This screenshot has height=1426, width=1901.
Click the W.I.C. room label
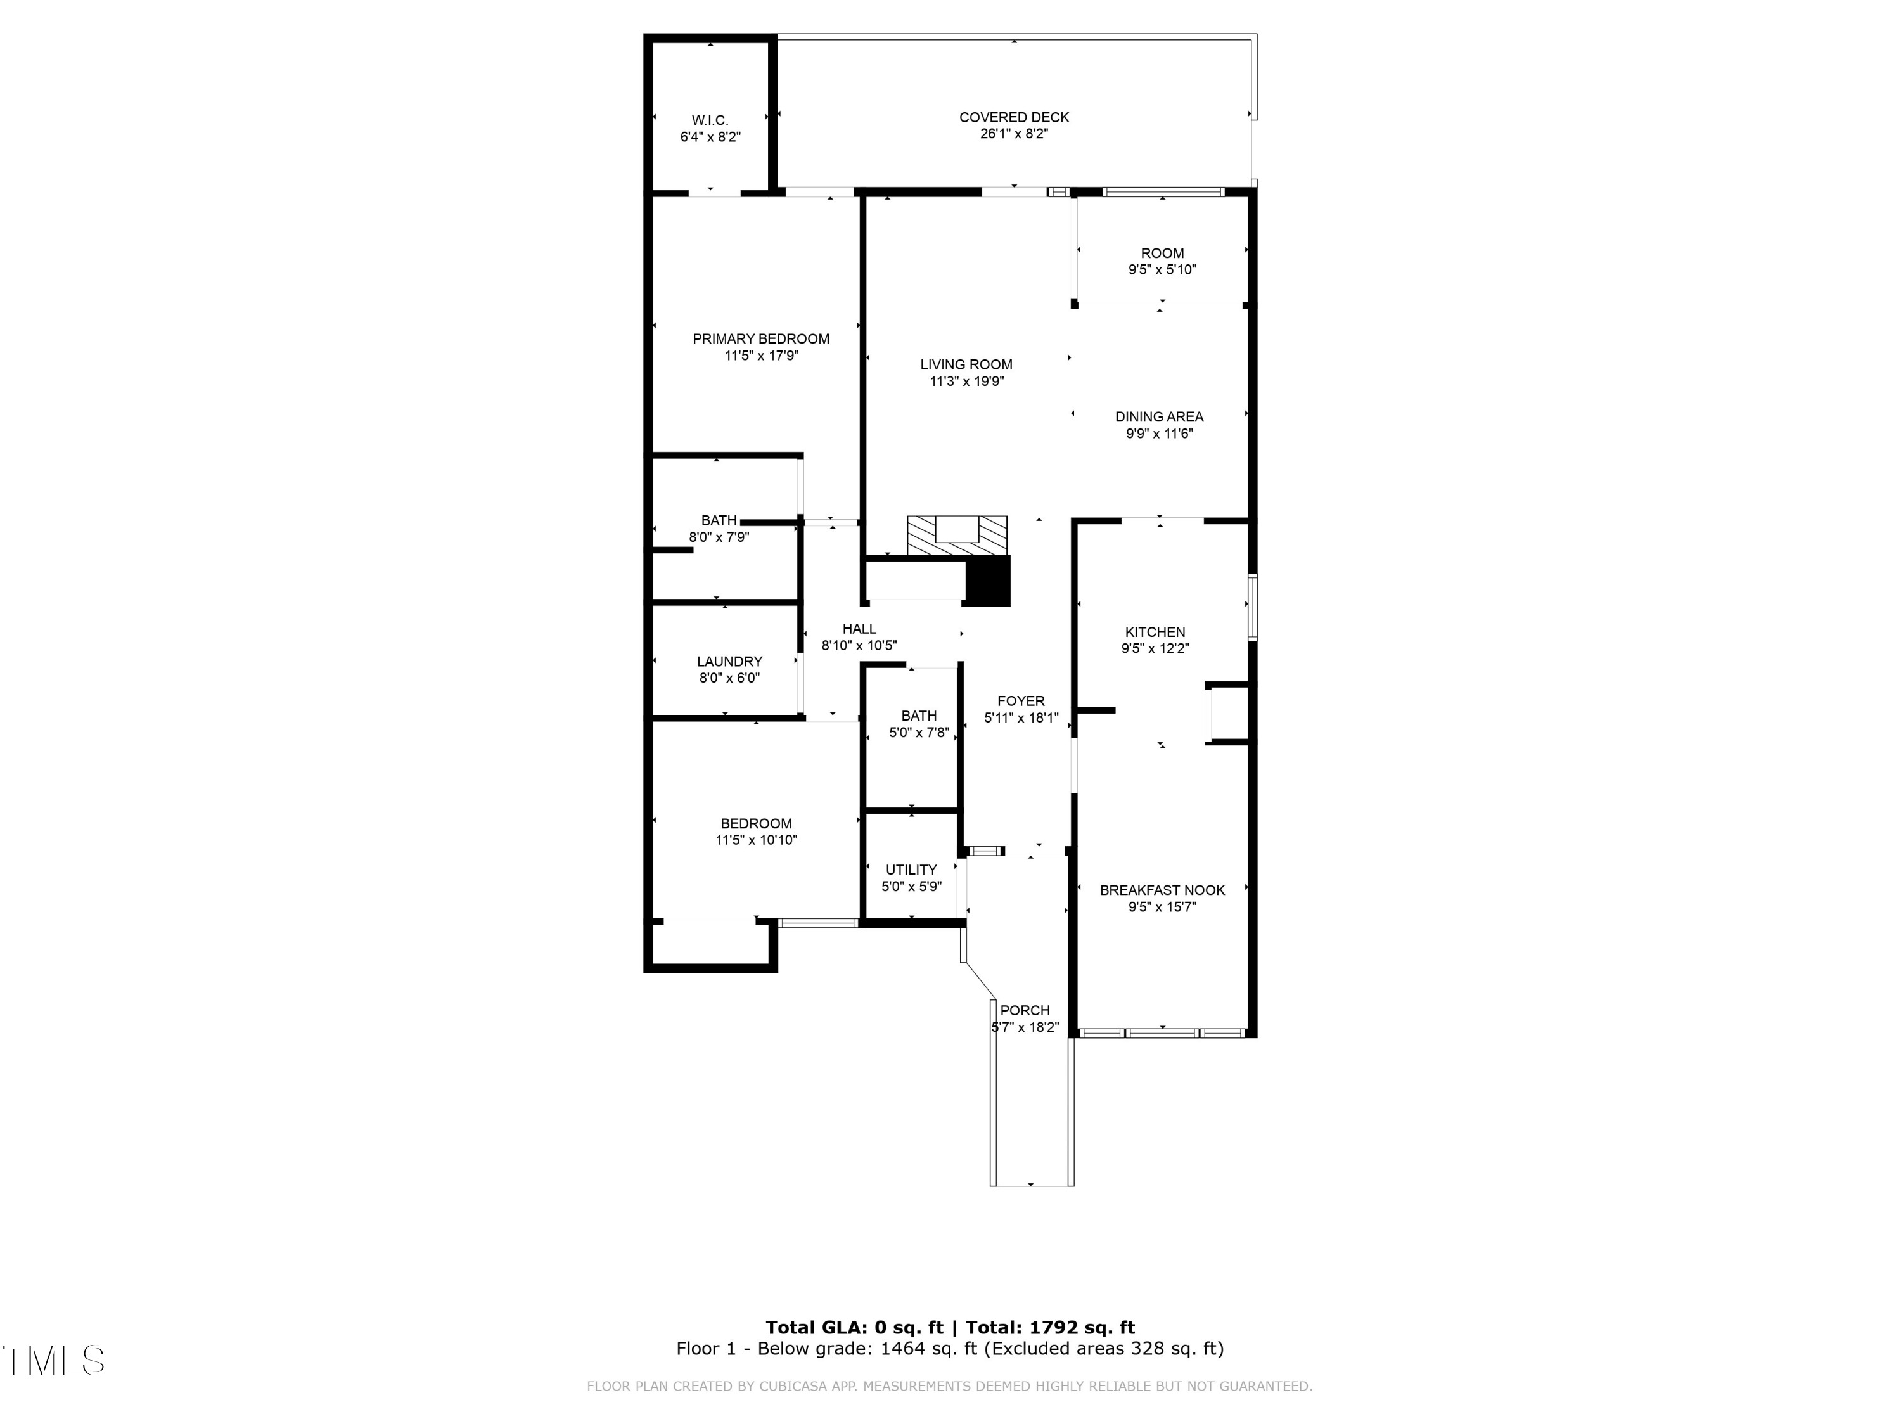[710, 120]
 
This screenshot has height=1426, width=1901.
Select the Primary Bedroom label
[760, 338]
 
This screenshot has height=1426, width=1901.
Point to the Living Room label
[966, 364]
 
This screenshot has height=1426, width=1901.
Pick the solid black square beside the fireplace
[989, 581]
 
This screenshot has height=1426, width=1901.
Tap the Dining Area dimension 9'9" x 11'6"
[1160, 434]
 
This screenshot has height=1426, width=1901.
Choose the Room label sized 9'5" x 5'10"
[1162, 254]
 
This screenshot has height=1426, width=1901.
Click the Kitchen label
[1155, 632]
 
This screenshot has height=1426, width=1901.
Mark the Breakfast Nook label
[1162, 890]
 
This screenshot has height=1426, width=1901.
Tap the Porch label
[1025, 1011]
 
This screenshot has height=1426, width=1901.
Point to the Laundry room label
[729, 662]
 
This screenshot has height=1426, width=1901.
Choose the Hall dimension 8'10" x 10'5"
[859, 646]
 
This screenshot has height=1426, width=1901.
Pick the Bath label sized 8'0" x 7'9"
[719, 521]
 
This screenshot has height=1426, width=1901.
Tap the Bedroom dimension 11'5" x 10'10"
[756, 840]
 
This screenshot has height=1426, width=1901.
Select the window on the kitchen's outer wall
[1252, 607]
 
